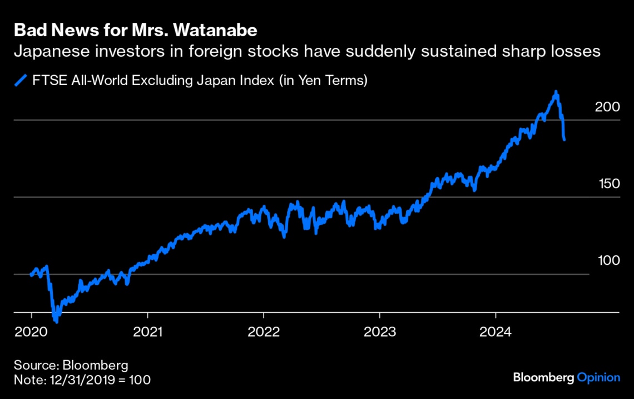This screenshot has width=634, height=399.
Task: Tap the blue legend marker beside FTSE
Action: tap(21, 81)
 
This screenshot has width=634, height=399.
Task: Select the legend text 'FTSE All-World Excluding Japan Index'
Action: tap(155, 81)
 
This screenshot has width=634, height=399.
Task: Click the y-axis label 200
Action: tap(607, 106)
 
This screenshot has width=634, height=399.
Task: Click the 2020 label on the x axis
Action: tap(31, 332)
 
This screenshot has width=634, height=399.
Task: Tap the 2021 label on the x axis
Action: tap(147, 332)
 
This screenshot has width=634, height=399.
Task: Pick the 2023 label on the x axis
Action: tap(379, 332)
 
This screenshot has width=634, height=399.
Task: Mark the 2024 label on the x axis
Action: tap(496, 332)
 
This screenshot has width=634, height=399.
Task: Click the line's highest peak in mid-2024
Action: tap(555, 92)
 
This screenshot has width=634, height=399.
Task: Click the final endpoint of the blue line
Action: tap(564, 139)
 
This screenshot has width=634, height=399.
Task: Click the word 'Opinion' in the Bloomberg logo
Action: tap(598, 377)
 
